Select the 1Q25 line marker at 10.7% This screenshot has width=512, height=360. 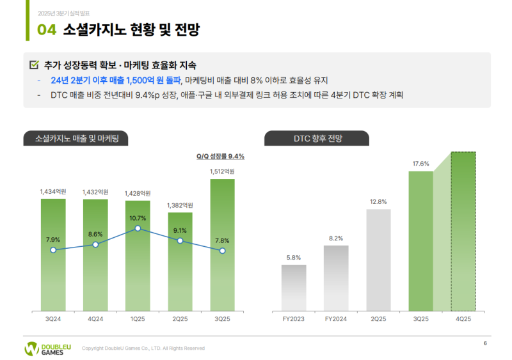tap(138, 228)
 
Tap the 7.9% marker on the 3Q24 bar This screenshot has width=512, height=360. tap(53, 250)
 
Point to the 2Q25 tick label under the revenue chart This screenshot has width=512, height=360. tap(180, 318)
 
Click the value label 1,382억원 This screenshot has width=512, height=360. tap(180, 205)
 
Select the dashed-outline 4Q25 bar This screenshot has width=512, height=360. tap(463, 230)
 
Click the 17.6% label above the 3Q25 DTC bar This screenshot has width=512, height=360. tap(420, 164)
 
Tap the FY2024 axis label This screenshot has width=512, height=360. tap(336, 318)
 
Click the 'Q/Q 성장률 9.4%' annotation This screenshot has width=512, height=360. tap(220, 156)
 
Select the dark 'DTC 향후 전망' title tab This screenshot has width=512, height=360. tap(316, 138)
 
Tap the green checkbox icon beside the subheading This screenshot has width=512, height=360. tap(35, 65)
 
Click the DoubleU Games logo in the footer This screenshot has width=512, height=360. tap(48, 348)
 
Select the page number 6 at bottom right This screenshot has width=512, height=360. tap(485, 344)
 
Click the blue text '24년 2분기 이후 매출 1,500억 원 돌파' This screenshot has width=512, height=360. tap(116, 81)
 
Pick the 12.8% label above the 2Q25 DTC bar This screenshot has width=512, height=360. tap(378, 201)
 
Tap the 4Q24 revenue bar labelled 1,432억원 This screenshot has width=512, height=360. tap(95, 256)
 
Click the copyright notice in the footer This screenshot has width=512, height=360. tap(143, 348)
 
